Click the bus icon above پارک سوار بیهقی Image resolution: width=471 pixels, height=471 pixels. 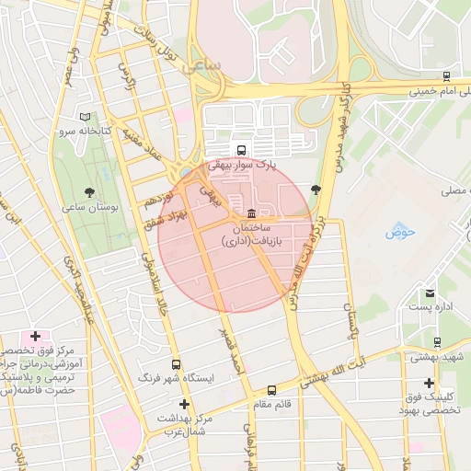click(241, 150)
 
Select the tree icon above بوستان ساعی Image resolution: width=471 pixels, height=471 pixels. click(89, 192)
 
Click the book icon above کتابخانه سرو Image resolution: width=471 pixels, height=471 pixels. click(86, 118)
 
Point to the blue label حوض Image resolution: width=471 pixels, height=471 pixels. click(401, 231)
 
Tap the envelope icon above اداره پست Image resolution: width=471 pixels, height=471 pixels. click(429, 293)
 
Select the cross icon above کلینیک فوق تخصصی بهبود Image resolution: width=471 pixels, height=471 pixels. click(429, 382)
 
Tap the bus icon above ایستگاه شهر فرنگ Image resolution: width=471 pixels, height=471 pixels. click(176, 363)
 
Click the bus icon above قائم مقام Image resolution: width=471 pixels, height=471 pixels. click(270, 390)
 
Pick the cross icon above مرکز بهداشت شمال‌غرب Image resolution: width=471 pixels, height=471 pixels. click(184, 404)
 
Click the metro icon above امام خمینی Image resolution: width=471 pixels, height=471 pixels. click(446, 77)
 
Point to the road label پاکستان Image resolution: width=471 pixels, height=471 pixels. click(350, 323)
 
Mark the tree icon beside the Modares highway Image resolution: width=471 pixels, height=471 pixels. click(316, 190)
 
